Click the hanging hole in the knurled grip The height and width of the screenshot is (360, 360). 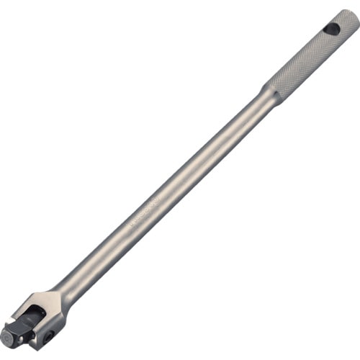tap(332, 30)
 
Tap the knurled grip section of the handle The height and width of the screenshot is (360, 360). tap(302, 64)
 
